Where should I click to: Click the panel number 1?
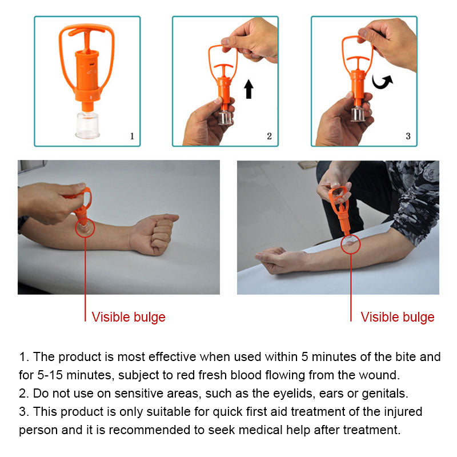132,136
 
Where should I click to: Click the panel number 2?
269,136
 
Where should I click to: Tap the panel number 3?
408,136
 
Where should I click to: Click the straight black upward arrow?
248,89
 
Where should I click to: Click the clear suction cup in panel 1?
87,125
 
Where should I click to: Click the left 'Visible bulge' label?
129,317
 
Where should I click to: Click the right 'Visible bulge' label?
397,317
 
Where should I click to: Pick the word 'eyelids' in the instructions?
294,394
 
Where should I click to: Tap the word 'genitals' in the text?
384,394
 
